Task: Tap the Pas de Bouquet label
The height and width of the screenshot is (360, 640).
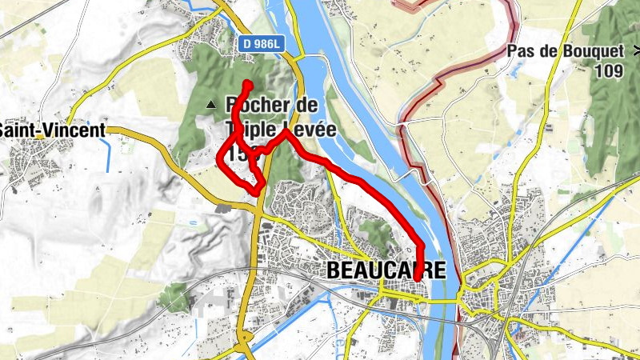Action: click(x=565, y=52)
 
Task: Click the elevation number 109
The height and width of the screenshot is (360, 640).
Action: click(x=609, y=70)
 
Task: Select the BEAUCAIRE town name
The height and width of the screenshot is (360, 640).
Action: click(x=386, y=271)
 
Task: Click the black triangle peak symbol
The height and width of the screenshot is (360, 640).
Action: click(x=211, y=104)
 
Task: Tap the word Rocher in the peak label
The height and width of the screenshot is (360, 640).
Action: click(x=251, y=105)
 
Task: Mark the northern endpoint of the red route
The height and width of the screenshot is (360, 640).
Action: click(x=248, y=85)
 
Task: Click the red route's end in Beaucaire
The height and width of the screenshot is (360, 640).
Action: click(x=417, y=278)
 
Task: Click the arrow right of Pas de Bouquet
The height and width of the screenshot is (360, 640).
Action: click(x=635, y=51)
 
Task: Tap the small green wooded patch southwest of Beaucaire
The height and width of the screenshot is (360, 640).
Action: click(x=175, y=298)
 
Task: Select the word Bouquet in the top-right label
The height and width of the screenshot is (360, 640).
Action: click(x=586, y=52)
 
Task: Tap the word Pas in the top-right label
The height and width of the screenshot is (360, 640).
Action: click(x=518, y=52)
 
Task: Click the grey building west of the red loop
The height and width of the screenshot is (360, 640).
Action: click(x=223, y=207)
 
